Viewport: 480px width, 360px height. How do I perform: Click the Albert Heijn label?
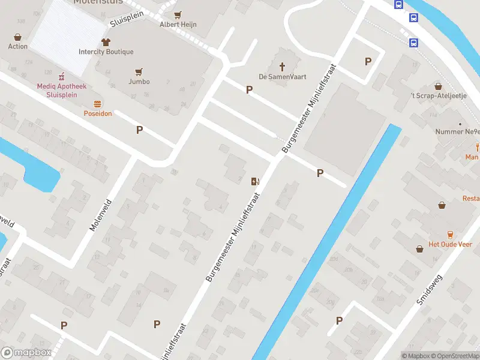[178, 25]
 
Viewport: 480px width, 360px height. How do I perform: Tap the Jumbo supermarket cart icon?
[139, 71]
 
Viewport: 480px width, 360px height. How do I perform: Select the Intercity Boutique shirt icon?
[106, 42]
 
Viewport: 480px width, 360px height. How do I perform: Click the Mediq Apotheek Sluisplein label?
[61, 90]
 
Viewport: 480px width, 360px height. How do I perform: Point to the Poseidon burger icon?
[98, 104]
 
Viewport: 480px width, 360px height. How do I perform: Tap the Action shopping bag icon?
[18, 36]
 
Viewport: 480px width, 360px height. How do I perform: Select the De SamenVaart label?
[279, 77]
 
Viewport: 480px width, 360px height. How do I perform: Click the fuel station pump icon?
[255, 181]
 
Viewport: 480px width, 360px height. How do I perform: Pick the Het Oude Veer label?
[450, 244]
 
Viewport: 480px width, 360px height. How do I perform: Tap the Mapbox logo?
[26, 353]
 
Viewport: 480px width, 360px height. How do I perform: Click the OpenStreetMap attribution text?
[454, 356]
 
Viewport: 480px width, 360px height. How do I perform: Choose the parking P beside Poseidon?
[140, 130]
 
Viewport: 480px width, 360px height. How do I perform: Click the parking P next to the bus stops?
[368, 61]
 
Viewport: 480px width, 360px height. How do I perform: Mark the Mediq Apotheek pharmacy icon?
[61, 77]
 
